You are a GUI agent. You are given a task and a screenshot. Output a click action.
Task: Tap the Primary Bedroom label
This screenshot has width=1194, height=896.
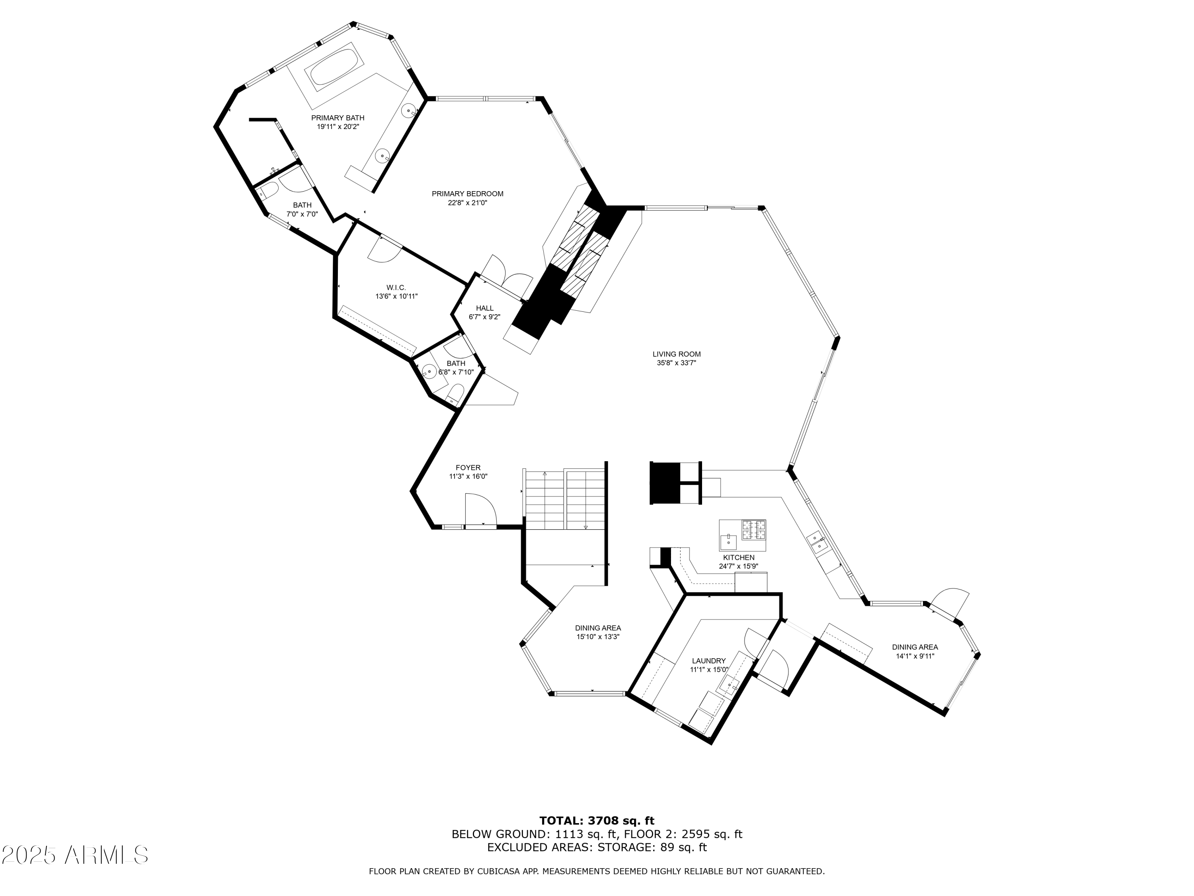click(x=468, y=194)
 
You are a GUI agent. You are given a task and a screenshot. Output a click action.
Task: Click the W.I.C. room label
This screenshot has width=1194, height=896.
click(x=396, y=288)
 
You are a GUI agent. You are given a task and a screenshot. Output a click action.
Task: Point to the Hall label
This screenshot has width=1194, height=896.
click(x=485, y=308)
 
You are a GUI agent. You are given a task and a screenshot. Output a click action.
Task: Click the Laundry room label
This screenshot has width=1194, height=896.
click(x=709, y=661)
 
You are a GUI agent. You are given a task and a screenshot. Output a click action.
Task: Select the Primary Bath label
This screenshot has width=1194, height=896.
click(x=338, y=118)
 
